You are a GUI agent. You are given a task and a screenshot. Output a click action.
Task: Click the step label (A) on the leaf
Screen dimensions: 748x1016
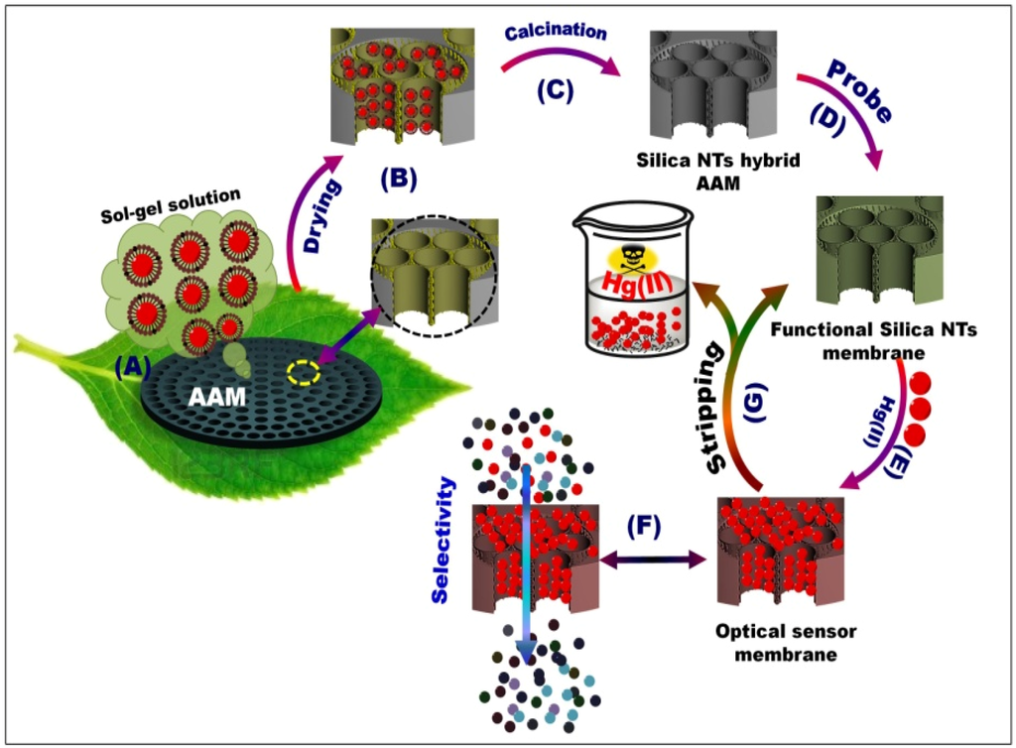click(133, 367)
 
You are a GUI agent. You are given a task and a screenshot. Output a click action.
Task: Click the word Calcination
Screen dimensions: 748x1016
click(555, 32)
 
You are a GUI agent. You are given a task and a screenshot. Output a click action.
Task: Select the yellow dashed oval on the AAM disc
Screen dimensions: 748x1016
click(304, 373)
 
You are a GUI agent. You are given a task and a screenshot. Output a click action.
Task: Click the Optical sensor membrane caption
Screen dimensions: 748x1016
click(788, 642)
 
